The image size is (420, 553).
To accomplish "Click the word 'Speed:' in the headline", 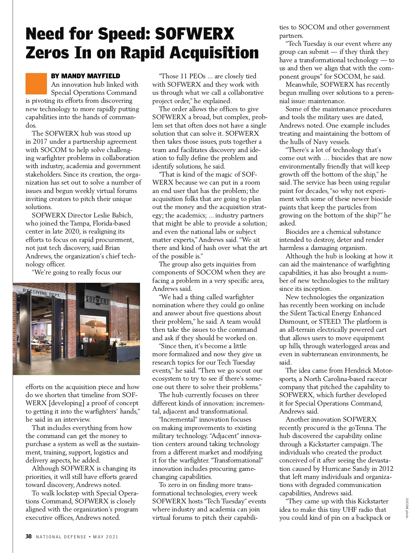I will [123, 34].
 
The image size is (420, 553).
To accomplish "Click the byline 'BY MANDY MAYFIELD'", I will [85, 76].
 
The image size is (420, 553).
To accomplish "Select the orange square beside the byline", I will [36, 84].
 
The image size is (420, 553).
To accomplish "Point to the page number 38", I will [29, 537].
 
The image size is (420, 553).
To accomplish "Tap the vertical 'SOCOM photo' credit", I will [407, 508].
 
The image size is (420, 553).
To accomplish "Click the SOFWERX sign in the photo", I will [97, 300].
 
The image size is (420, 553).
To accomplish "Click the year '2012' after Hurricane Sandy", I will [386, 469].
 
